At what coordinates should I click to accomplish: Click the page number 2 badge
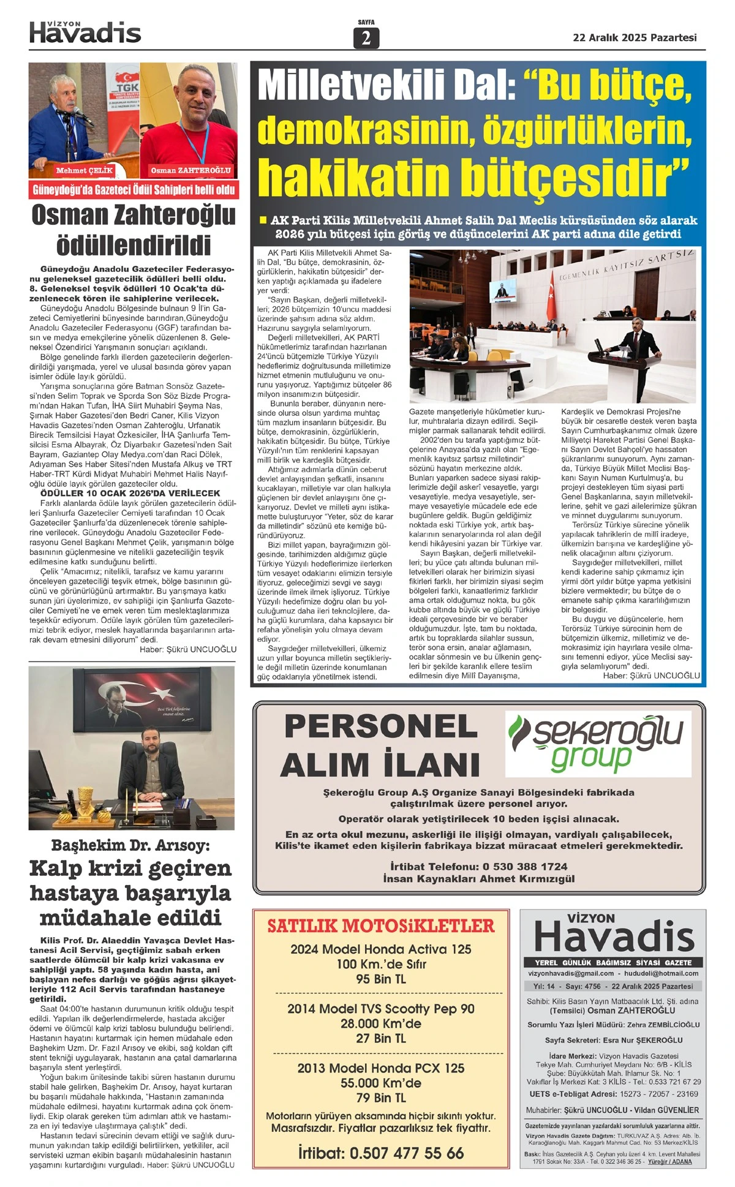[x=366, y=39]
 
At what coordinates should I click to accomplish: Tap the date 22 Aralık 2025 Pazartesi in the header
[x=635, y=37]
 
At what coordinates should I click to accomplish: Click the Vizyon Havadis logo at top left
[x=85, y=32]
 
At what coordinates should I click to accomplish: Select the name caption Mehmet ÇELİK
[x=85, y=170]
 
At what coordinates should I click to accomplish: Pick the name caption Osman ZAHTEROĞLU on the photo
[x=190, y=170]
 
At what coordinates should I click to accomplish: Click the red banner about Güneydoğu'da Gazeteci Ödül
[x=134, y=190]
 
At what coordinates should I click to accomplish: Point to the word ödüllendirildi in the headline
[x=134, y=245]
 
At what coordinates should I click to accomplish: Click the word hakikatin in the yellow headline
[x=355, y=176]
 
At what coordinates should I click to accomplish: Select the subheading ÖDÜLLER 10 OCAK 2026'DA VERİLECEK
[x=130, y=493]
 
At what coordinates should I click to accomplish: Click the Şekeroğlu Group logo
[x=597, y=743]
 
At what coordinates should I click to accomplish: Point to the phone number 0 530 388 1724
[x=526, y=867]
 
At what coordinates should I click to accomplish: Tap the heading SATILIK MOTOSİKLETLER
[x=380, y=925]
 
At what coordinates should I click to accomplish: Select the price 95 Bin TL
[x=380, y=979]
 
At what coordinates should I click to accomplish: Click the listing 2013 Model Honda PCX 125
[x=380, y=1068]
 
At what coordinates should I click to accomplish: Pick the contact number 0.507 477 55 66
[x=407, y=1153]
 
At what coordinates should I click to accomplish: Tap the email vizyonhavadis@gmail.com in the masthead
[x=571, y=973]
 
